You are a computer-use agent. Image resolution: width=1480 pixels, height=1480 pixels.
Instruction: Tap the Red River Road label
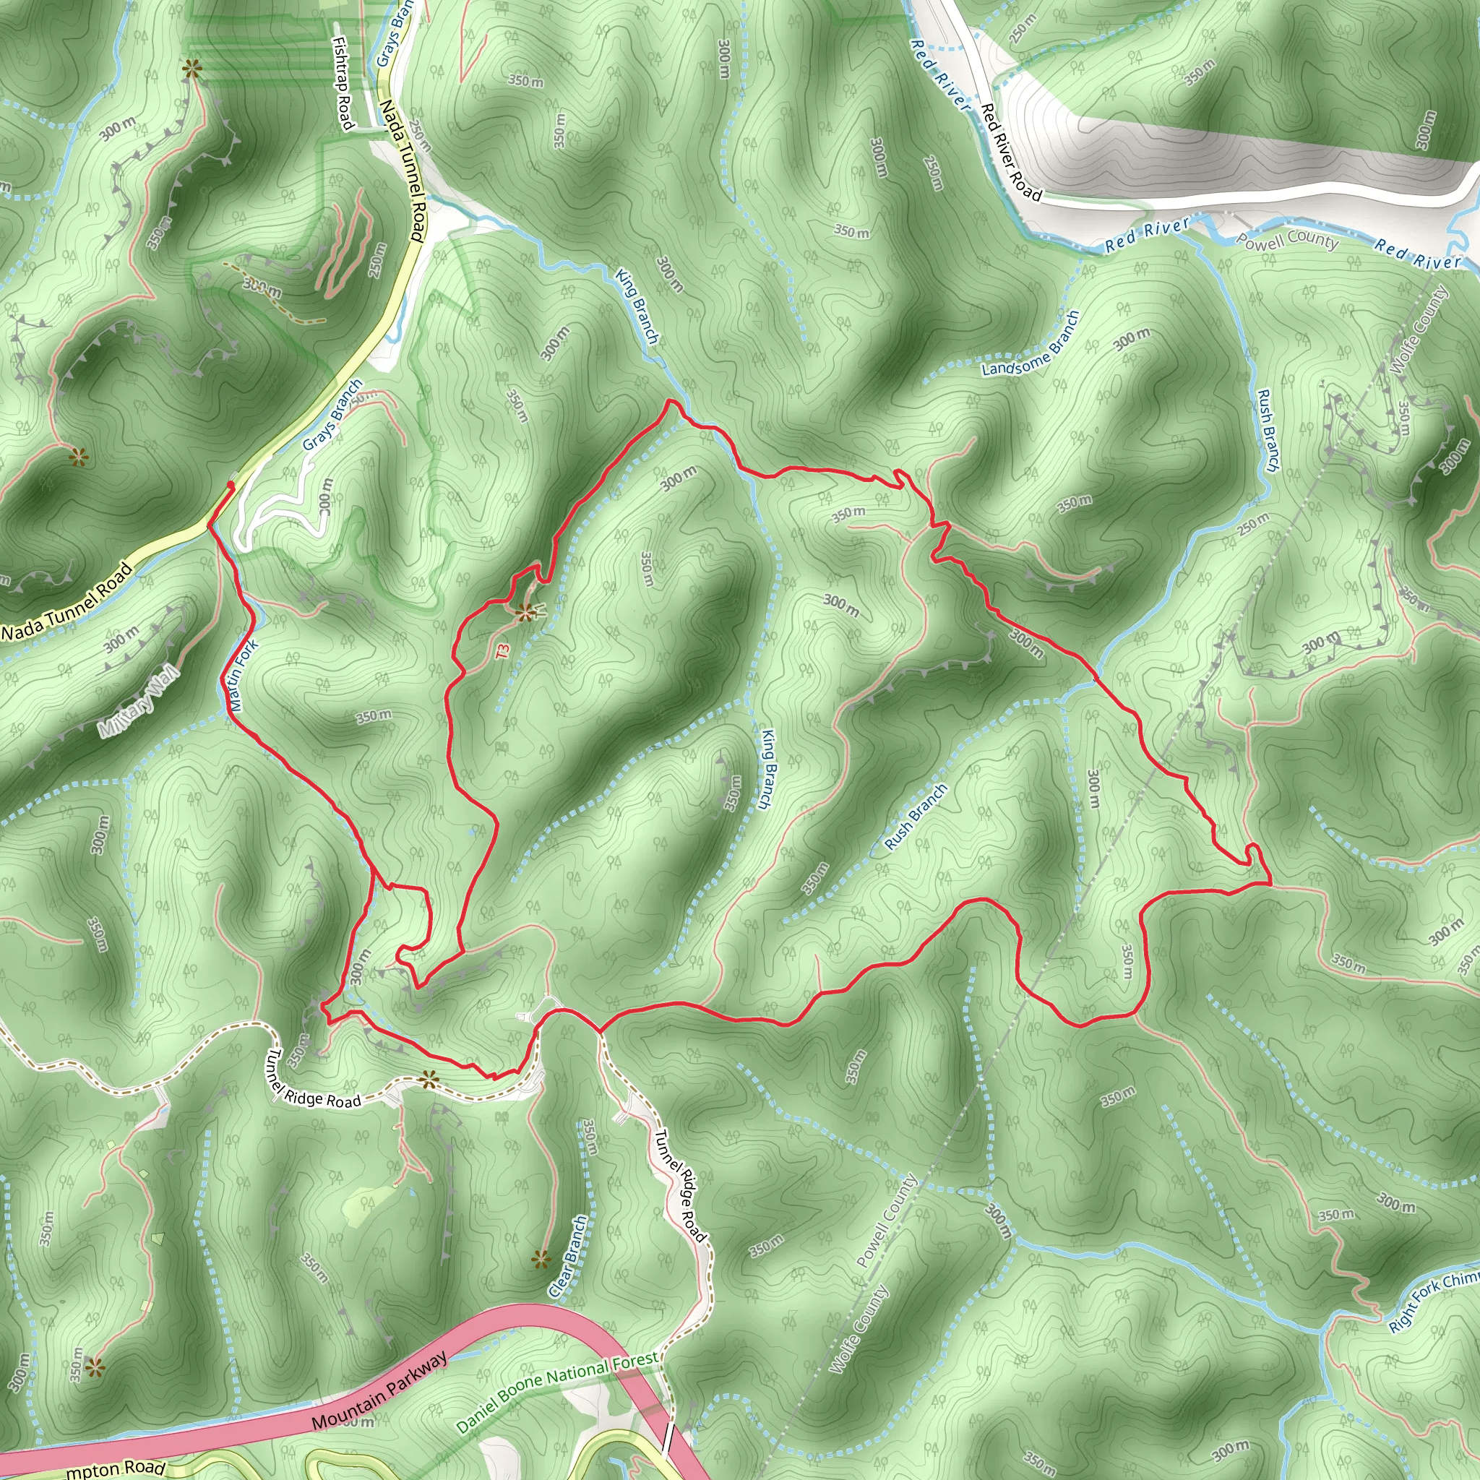point(1011,152)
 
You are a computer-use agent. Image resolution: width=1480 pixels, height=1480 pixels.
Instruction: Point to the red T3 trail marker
point(502,651)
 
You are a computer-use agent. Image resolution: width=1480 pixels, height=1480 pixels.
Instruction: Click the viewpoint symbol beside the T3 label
point(525,611)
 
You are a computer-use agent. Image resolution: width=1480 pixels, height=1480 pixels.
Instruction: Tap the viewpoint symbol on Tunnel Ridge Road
point(429,1080)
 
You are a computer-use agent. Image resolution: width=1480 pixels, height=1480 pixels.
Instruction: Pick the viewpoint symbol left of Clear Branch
point(541,1259)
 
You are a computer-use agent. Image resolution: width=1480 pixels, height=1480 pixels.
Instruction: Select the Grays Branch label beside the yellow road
point(332,416)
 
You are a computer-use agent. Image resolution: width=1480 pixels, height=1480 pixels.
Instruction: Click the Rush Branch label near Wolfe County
point(1268,430)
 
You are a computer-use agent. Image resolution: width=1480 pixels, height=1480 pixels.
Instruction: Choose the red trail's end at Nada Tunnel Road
point(232,485)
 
